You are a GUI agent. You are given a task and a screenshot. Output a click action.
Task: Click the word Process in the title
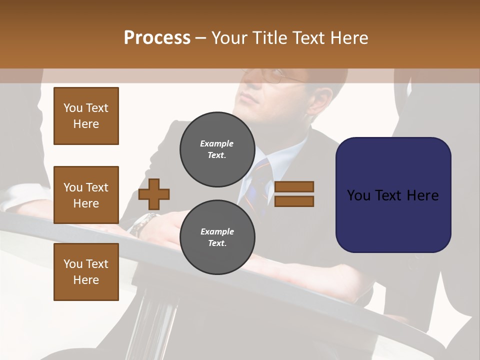[157, 38]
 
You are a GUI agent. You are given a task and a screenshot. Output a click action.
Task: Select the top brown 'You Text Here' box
[86, 116]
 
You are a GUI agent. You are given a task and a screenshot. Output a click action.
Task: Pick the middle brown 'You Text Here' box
[86, 195]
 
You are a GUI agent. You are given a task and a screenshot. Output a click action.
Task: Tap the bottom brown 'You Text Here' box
[86, 272]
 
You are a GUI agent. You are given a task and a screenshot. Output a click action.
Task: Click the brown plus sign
[154, 193]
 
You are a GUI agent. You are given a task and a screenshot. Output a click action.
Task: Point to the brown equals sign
[294, 194]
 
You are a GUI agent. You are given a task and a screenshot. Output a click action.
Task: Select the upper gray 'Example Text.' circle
[217, 149]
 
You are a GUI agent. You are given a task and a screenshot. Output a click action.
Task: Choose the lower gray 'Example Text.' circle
[217, 237]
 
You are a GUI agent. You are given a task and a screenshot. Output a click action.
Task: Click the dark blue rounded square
[393, 195]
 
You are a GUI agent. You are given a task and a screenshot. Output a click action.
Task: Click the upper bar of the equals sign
[294, 186]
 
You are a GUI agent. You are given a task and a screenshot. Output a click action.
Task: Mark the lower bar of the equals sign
[294, 201]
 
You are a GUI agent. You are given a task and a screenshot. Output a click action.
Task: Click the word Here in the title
[350, 38]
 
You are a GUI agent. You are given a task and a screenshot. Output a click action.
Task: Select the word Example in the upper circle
[217, 143]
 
